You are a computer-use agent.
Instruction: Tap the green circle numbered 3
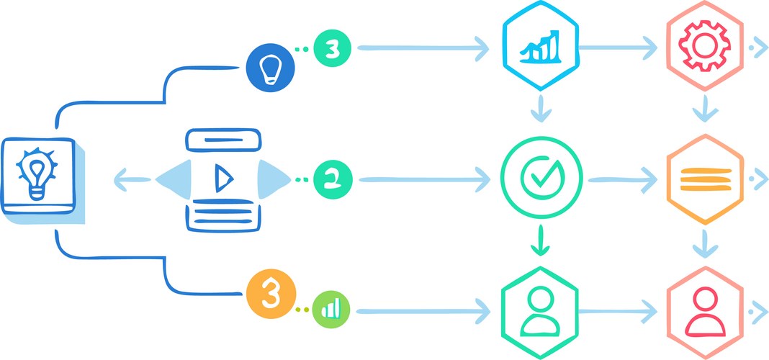333,49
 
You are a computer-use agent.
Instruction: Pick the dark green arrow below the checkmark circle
540,240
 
